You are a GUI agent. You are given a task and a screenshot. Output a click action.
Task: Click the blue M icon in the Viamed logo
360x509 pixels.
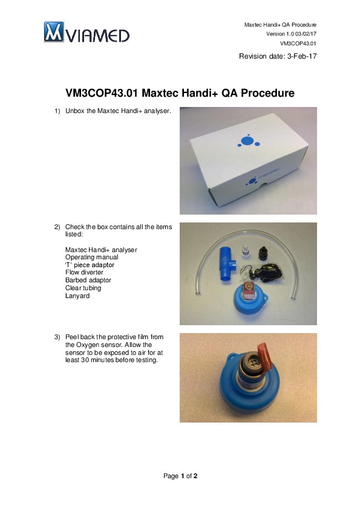point(54,32)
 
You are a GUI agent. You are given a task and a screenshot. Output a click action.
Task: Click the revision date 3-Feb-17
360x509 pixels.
point(302,56)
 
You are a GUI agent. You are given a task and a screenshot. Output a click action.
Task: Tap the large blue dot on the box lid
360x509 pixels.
point(247,141)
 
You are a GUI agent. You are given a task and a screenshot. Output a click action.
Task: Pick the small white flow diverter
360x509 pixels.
point(246,251)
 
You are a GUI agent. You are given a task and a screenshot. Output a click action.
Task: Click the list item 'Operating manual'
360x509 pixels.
point(91,257)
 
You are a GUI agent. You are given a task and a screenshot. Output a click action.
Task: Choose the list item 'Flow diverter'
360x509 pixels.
point(84,273)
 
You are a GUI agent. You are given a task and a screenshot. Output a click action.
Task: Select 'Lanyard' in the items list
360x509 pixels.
point(77,296)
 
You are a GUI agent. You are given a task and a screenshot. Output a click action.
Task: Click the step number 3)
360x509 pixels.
point(57,337)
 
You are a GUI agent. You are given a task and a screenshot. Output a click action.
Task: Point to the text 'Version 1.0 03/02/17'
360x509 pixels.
point(291,34)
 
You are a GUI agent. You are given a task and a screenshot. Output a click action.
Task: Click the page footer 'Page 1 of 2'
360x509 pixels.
point(180,476)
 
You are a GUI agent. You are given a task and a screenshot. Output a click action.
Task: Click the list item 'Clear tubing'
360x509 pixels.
point(83,288)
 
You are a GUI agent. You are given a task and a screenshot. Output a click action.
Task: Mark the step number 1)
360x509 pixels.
point(57,111)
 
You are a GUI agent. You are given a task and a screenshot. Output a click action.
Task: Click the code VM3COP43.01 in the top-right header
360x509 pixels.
point(298,43)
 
